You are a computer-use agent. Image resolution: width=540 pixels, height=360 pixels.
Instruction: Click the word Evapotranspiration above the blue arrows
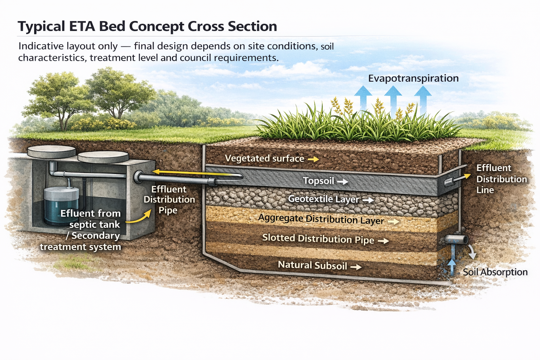tap(413, 78)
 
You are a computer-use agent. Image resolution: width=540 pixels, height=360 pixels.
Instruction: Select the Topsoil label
tap(319, 181)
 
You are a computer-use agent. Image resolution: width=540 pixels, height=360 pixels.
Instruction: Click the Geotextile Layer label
tap(323, 199)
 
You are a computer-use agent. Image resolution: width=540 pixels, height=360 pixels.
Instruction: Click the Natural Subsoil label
tap(312, 265)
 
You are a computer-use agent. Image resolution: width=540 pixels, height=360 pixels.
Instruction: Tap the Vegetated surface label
tap(264, 159)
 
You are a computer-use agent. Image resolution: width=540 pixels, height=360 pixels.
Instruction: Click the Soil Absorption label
tap(495, 272)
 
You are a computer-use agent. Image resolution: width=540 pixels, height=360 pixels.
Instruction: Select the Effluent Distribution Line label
tap(501, 179)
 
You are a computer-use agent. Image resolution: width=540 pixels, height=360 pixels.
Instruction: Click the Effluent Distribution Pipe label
tap(169, 199)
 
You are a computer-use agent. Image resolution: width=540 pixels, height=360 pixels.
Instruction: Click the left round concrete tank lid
tap(51, 152)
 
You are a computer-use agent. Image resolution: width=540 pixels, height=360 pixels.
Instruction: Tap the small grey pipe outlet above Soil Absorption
tap(456, 240)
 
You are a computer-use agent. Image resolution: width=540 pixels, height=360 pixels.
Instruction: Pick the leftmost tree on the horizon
tap(60, 95)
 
